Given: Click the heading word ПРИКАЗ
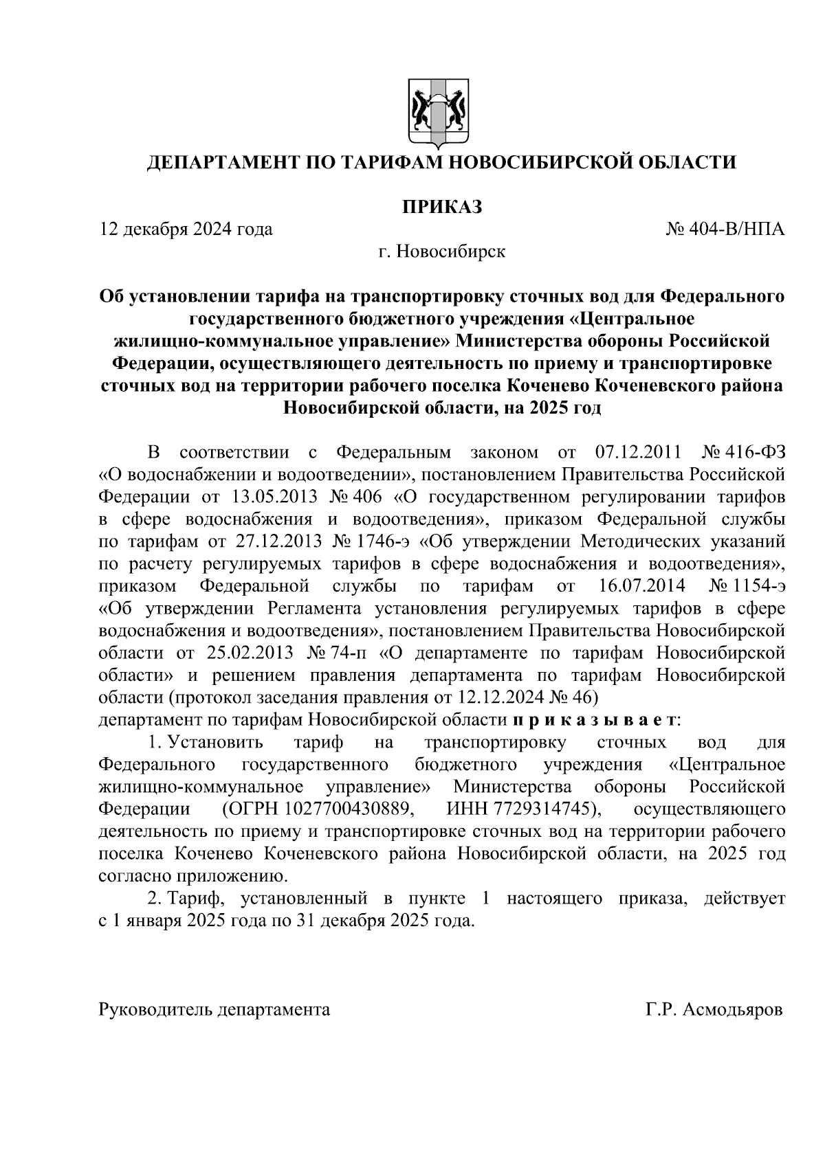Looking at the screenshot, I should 441,206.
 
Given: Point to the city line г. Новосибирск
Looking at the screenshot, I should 441,251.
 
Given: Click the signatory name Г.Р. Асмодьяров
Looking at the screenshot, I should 714,1010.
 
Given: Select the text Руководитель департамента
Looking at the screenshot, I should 214,1010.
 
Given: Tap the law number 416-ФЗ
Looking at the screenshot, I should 756,453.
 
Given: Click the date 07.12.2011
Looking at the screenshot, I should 636,453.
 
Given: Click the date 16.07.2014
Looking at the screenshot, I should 638,586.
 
